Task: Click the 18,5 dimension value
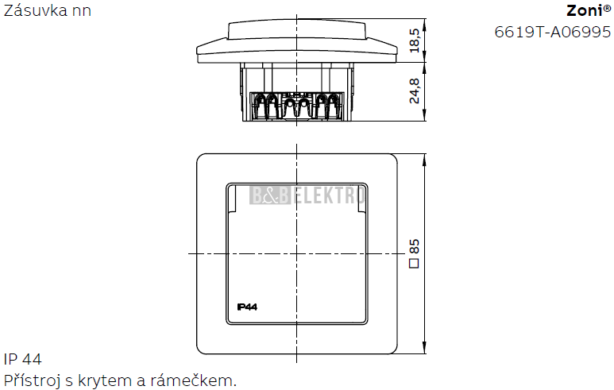[415, 41]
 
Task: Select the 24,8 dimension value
[415, 91]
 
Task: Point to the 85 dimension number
[415, 247]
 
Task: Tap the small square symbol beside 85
[414, 263]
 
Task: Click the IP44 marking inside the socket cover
[247, 307]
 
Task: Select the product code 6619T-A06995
[553, 32]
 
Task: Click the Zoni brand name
[585, 10]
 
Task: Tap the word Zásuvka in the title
[36, 10]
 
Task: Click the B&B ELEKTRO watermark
[307, 195]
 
